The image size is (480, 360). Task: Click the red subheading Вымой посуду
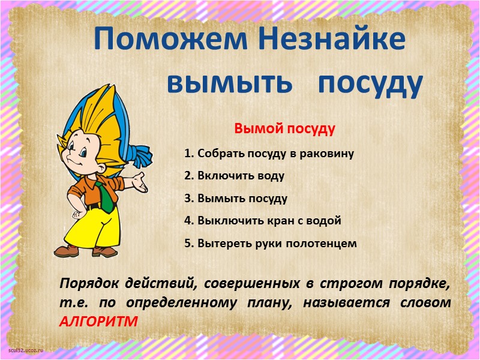[x=284, y=129]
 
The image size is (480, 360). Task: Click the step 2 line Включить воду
[x=234, y=176]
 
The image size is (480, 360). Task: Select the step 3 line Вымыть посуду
[x=236, y=199]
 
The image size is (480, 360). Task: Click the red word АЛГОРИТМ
[x=98, y=321]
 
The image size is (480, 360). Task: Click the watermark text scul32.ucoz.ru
[x=27, y=349]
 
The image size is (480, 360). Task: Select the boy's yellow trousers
[x=96, y=225]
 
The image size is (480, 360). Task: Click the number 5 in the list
[x=188, y=244]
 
